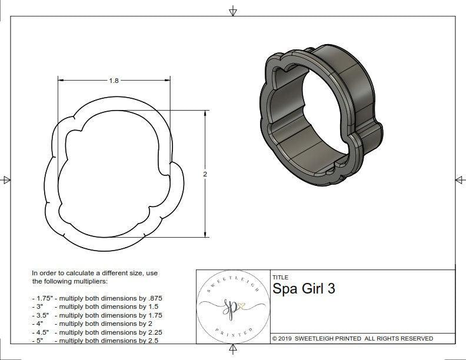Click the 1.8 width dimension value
(114, 81)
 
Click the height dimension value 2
(205, 174)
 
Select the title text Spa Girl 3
(304, 289)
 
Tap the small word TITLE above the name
(280, 277)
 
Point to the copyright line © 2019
(352, 338)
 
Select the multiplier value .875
(154, 298)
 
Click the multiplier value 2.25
(151, 332)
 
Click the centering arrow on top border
(233, 11)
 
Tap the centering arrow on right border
(459, 179)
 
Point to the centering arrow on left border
(6, 179)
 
